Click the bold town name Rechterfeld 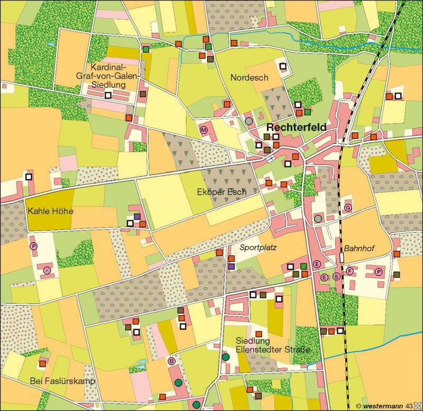(296, 127)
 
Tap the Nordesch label (250, 78)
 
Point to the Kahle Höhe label (50, 211)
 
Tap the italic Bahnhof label (358, 248)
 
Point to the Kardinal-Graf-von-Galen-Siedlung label (115, 76)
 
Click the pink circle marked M (204, 129)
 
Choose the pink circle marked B (171, 361)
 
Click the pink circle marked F (350, 271)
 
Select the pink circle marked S (336, 277)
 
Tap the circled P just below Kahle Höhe (33, 246)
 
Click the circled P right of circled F (378, 271)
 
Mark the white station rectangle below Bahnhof (342, 258)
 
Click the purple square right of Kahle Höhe (137, 216)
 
